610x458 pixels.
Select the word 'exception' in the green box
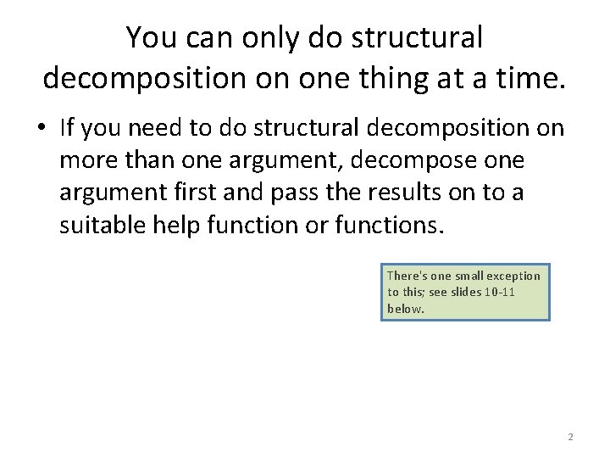pyautogui.click(x=516, y=276)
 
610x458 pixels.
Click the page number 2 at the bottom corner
pyautogui.click(x=570, y=437)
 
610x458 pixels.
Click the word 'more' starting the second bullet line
pyautogui.click(x=82, y=160)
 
